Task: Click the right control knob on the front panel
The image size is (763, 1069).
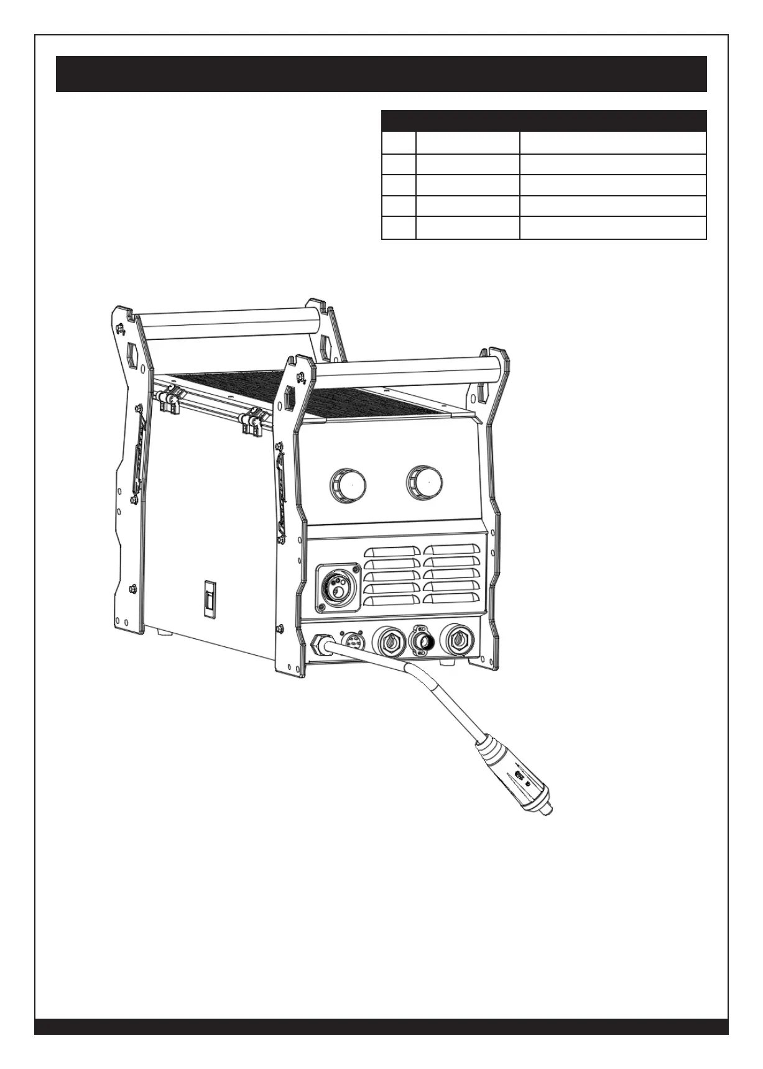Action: click(425, 482)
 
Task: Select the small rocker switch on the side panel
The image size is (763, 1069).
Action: click(211, 599)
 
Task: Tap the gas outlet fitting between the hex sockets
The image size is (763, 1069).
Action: click(423, 641)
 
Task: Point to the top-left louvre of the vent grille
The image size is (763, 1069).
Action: click(392, 551)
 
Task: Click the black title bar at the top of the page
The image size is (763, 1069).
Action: click(381, 74)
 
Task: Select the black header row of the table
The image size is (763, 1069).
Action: click(543, 120)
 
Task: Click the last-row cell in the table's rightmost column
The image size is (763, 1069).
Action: click(613, 228)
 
